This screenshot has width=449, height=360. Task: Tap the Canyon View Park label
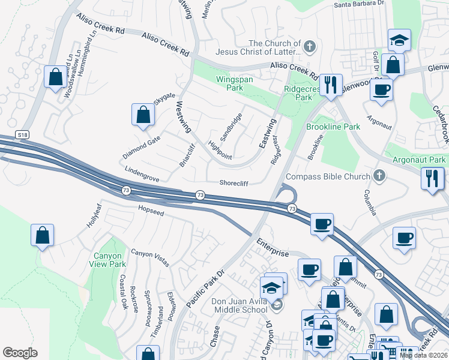109,260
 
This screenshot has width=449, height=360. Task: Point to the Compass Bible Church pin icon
378,176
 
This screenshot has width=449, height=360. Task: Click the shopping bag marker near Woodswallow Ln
55,77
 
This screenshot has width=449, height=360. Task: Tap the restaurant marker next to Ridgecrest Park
330,85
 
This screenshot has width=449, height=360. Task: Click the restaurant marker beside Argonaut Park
432,178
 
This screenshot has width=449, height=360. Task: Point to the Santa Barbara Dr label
359,4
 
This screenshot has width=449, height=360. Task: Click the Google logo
20,353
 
